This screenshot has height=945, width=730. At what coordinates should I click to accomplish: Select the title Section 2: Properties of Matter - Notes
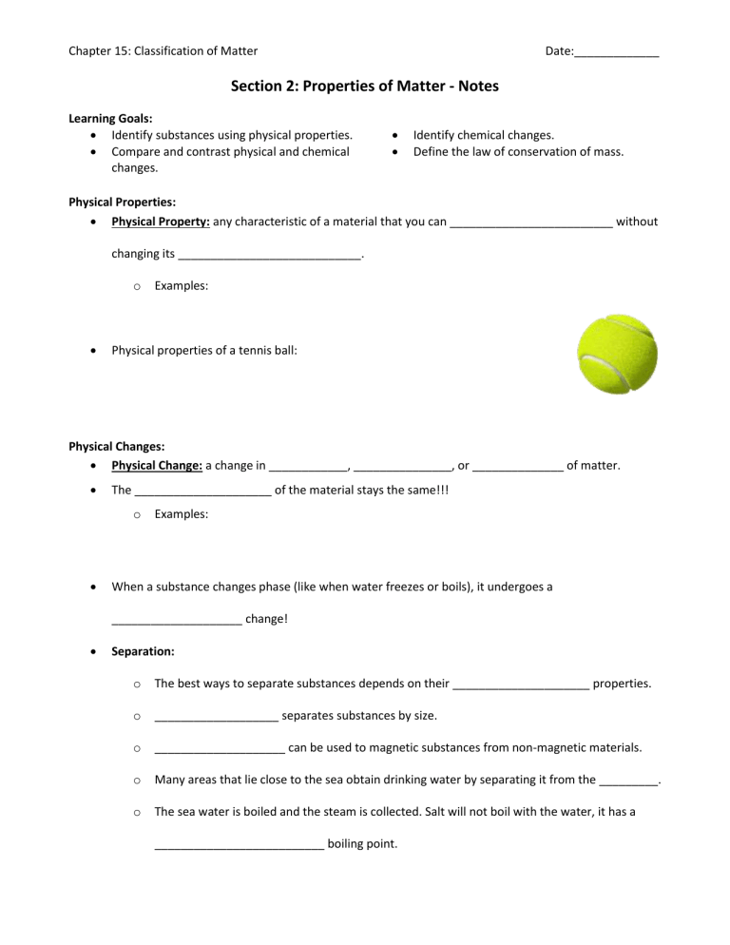(364, 87)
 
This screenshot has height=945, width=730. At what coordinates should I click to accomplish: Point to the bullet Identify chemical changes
(483, 135)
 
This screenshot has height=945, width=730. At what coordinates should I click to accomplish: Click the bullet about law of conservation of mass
(511, 151)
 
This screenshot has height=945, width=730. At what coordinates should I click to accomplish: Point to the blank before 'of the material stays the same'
(203, 491)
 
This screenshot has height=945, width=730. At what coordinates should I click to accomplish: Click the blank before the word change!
(176, 620)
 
